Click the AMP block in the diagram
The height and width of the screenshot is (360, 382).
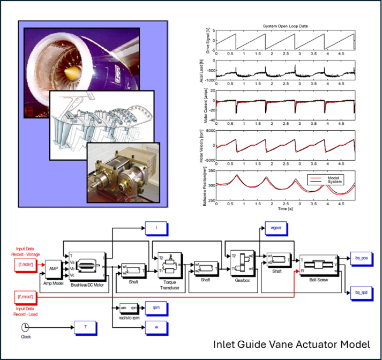coord(54,268)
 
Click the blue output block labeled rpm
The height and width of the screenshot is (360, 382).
coord(156,308)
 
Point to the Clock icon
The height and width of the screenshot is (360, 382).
coord(24,327)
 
